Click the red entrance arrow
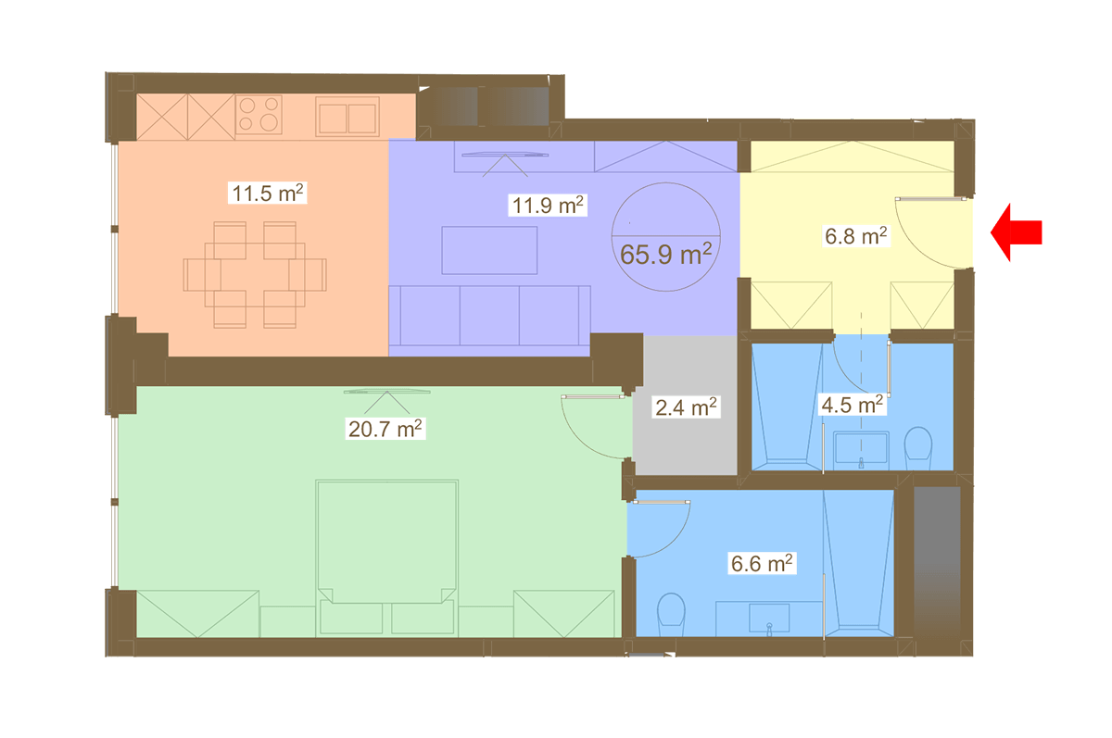(x=1016, y=232)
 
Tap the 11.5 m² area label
(x=268, y=193)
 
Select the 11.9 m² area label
(x=548, y=206)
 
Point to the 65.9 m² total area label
(x=665, y=254)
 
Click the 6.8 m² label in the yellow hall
(x=856, y=236)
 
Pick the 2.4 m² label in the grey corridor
(x=686, y=407)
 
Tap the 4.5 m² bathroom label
(x=852, y=405)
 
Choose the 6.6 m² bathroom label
(x=762, y=563)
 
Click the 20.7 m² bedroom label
(x=385, y=429)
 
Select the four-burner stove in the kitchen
(x=259, y=115)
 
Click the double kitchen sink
(x=347, y=117)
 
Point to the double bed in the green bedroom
(x=386, y=558)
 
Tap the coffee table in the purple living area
(x=489, y=250)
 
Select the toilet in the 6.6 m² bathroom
(x=671, y=615)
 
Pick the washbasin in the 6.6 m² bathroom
(x=769, y=619)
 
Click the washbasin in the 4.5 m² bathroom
(x=861, y=448)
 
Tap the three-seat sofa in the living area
(x=489, y=316)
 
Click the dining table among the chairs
(x=255, y=274)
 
